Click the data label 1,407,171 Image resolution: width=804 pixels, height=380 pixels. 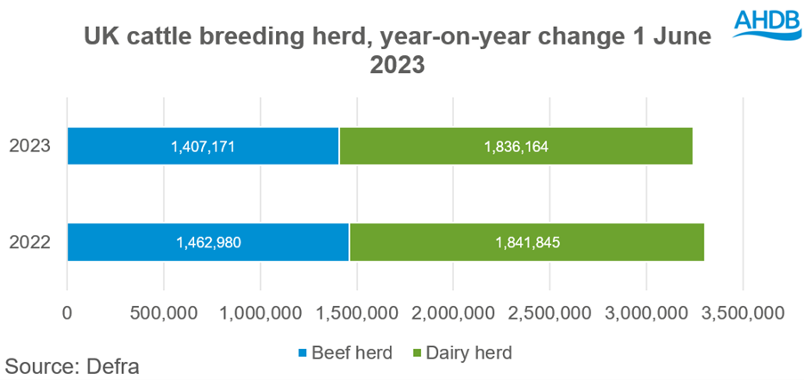pos(203,146)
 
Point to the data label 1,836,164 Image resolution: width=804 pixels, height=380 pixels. pos(516,146)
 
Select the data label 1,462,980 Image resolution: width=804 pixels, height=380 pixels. pos(208,242)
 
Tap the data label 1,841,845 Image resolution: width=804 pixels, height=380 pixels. pos(526,242)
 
